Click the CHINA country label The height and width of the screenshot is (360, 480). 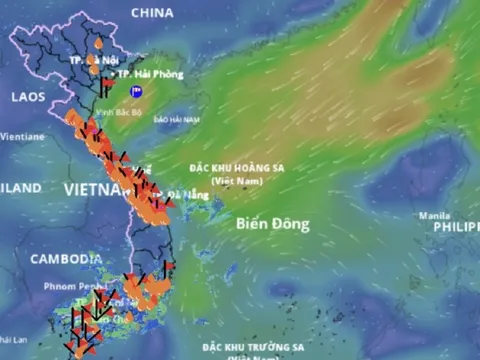pyautogui.click(x=152, y=13)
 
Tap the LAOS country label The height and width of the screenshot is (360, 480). pyautogui.click(x=29, y=97)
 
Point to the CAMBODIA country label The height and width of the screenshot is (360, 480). pyautogui.click(x=66, y=258)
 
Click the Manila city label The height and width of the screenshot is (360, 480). pyautogui.click(x=434, y=215)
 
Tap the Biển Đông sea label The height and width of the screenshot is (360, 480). pyautogui.click(x=273, y=223)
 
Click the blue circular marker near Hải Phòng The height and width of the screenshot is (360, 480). pyautogui.click(x=137, y=91)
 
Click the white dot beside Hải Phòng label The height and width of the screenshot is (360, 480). pyautogui.click(x=111, y=74)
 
